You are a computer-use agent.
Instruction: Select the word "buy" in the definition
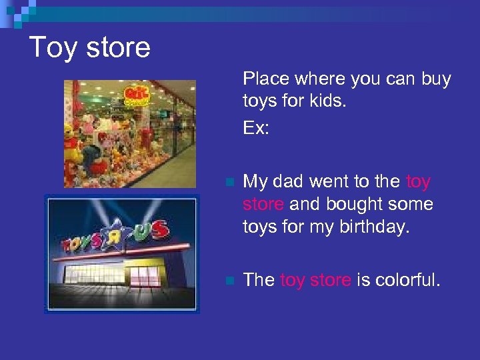(x=436, y=80)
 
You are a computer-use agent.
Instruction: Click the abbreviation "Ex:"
(x=256, y=127)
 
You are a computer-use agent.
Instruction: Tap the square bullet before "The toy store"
(x=229, y=281)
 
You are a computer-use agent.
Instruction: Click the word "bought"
(x=354, y=204)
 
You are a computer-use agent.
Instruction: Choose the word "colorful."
(x=408, y=280)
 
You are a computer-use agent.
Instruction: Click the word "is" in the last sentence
(x=364, y=280)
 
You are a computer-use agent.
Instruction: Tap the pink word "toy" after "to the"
(x=418, y=182)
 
